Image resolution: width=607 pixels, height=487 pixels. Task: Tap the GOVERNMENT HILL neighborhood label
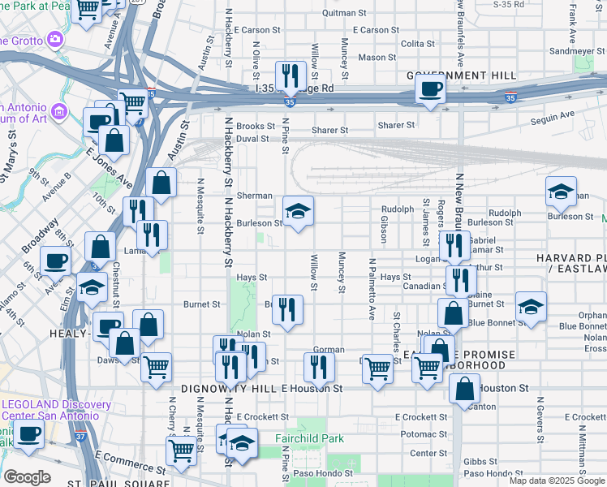pyautogui.click(x=462, y=75)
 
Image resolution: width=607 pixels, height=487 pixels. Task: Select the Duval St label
pyautogui.click(x=252, y=139)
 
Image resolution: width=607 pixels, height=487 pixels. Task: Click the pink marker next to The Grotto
pyautogui.click(x=55, y=38)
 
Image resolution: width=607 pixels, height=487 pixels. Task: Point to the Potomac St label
pyautogui.click(x=419, y=435)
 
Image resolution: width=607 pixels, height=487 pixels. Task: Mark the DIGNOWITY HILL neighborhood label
pyautogui.click(x=230, y=389)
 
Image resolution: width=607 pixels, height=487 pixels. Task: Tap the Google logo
pyautogui.click(x=27, y=477)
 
